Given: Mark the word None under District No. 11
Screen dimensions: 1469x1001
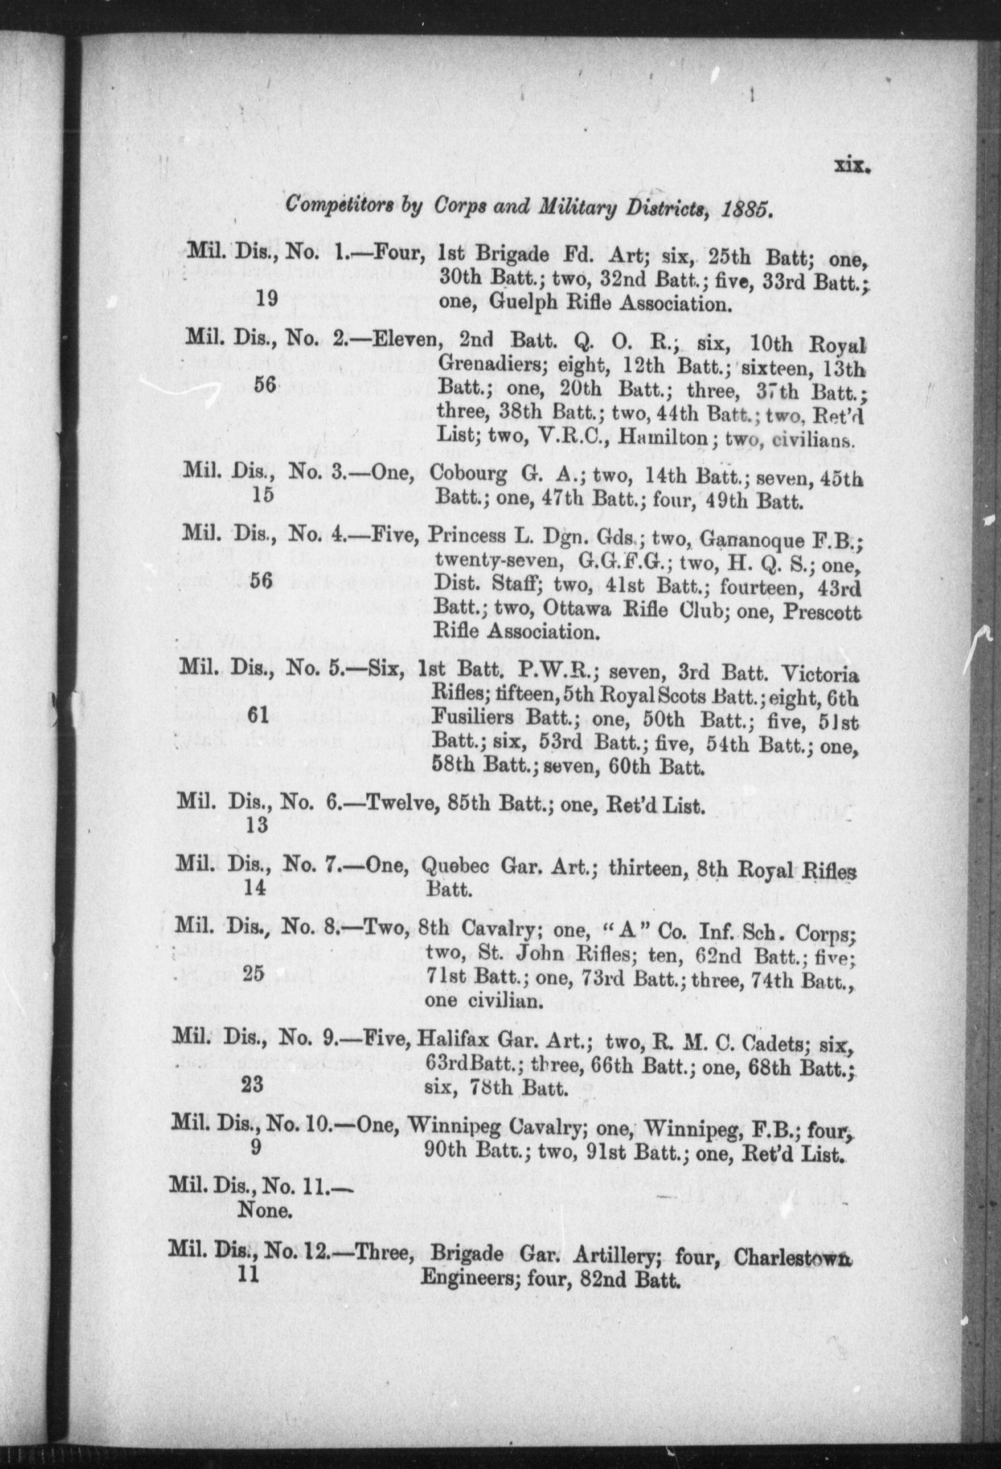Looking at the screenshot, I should pyautogui.click(x=264, y=1210).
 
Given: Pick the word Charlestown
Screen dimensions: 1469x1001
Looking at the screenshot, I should pyautogui.click(x=790, y=1254).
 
